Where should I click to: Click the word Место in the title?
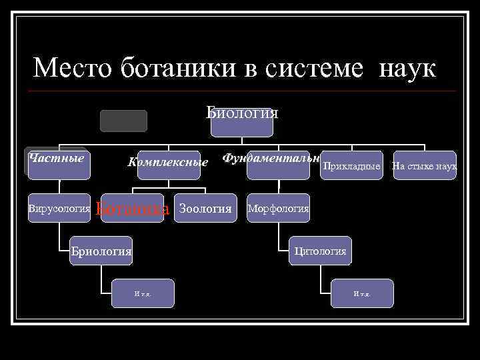(x=73, y=68)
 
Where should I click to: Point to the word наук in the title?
(x=407, y=68)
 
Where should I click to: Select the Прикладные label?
(x=351, y=165)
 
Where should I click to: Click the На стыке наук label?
(x=425, y=165)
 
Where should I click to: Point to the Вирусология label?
(x=59, y=209)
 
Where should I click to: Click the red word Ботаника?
(x=132, y=209)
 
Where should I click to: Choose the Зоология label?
(x=205, y=209)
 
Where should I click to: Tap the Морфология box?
(x=278, y=209)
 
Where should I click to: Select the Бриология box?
(x=101, y=251)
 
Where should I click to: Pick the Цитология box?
(x=321, y=251)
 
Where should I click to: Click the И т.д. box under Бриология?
(x=143, y=293)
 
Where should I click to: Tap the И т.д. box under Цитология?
(x=362, y=293)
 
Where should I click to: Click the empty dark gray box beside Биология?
(x=123, y=121)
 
